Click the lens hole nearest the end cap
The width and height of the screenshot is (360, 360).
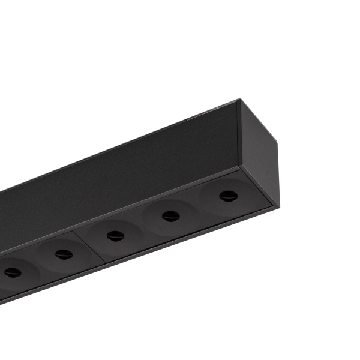(227, 196)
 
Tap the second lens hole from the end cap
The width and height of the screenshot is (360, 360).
(171, 216)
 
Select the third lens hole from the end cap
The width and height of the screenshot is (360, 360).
(115, 236)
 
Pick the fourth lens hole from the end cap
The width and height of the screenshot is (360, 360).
(64, 254)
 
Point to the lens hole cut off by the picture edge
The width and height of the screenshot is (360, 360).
(12, 273)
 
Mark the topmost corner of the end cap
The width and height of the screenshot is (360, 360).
(240, 100)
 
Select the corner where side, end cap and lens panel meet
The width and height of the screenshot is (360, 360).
(241, 167)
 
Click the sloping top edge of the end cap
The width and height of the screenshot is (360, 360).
(260, 121)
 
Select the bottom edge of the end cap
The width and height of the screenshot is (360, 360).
(258, 187)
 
